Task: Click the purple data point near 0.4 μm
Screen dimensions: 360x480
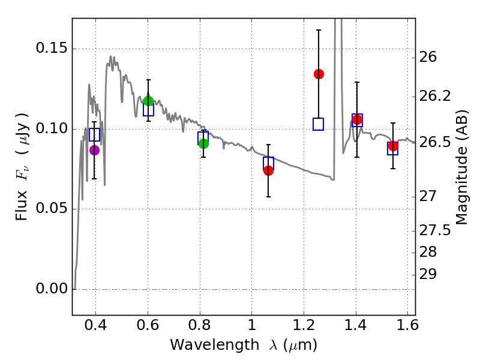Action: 94,150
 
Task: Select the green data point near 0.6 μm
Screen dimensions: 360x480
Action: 148,101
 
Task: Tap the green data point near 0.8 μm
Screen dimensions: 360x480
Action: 203,143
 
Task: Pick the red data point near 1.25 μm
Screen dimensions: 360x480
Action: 319,74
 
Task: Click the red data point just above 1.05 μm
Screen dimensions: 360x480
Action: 268,170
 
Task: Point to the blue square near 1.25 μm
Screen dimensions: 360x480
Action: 318,124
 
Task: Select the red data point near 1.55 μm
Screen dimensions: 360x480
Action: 393,146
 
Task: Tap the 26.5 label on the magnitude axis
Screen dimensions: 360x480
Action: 434,143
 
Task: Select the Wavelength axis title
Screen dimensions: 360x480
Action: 244,345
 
